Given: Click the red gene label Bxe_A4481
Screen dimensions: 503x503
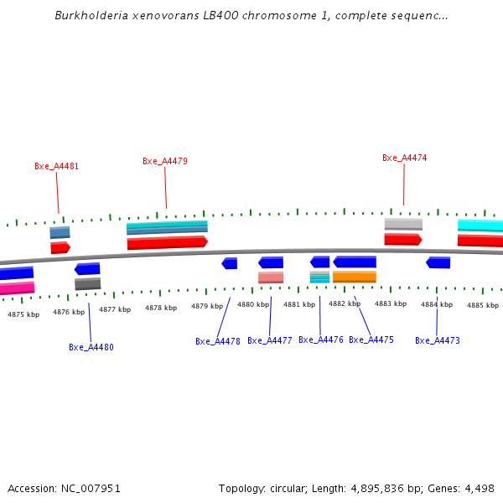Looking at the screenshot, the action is point(57,166).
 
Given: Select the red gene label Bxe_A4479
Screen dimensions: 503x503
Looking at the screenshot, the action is point(165,161).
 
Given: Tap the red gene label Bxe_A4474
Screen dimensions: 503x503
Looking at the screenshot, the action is point(405,158).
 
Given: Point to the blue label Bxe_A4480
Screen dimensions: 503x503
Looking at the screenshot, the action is point(91,347).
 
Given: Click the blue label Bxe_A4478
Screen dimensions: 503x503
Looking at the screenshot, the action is point(218,341).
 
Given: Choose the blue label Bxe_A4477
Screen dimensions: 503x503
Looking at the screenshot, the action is point(270,341).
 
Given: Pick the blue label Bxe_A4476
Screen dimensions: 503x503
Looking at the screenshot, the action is point(321,340).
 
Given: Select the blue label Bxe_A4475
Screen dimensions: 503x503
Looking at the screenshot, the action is point(371,340).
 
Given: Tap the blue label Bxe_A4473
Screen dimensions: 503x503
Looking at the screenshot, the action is point(438,340).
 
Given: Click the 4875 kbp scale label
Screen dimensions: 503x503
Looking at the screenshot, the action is point(23,314).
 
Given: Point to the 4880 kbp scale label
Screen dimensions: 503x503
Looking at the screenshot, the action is point(253,304).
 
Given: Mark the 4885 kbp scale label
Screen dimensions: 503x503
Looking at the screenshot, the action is point(483,305).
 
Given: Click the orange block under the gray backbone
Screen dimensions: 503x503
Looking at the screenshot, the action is point(355,277).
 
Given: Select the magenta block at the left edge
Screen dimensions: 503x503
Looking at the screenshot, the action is point(17,288).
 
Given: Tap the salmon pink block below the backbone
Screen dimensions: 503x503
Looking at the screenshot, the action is point(271,277).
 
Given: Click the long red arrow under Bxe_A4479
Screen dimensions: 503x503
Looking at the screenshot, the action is point(167,242).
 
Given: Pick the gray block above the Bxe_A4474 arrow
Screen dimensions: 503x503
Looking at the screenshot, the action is point(403,224).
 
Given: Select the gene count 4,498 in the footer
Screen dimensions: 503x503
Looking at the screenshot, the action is point(479,488).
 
